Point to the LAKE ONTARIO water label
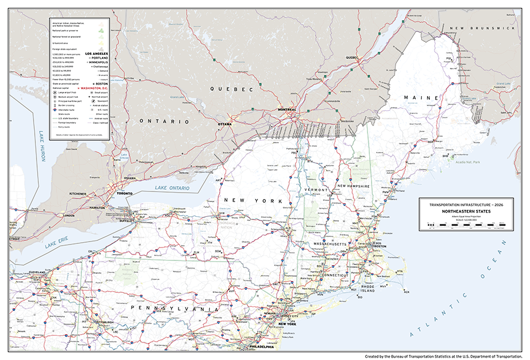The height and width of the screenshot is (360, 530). pyautogui.click(x=173, y=188)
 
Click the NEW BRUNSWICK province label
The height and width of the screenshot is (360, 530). pyautogui.click(x=482, y=28)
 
